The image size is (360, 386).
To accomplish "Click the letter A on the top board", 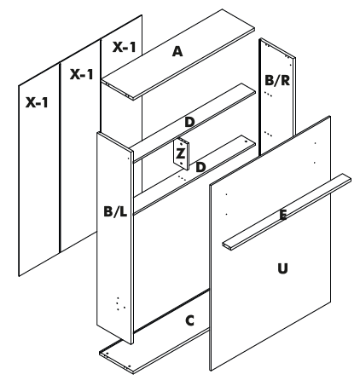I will (177, 52).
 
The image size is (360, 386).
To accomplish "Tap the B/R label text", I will (279, 81).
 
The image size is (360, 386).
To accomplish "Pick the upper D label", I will (189, 123).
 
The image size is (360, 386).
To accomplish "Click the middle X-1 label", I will (81, 75).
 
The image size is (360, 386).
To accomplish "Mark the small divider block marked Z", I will (181, 153).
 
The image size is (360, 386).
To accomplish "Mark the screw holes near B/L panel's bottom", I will (120, 302).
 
